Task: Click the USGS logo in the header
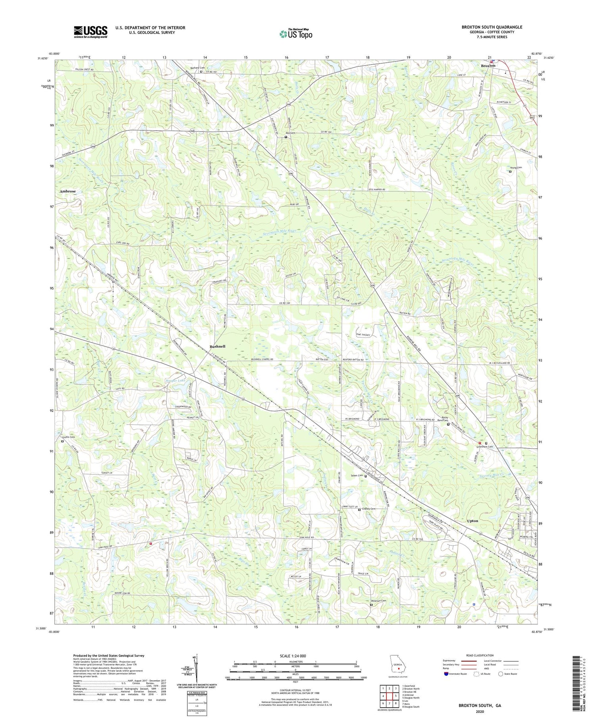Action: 90,32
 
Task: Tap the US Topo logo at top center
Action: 296,34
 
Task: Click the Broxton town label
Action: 488,66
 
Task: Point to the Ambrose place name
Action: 67,191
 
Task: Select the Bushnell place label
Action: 217,346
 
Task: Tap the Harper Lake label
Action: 175,380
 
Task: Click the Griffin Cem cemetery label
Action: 69,437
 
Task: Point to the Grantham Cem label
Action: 485,447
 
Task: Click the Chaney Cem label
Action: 368,509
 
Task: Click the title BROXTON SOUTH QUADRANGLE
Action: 491,27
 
